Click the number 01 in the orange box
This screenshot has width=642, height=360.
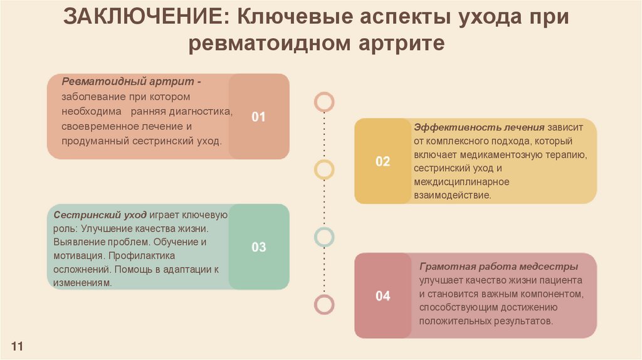(x=259, y=117)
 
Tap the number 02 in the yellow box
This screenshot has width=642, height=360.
(x=382, y=161)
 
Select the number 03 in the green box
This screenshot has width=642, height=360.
(x=259, y=247)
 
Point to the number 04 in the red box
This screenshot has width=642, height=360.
(x=382, y=296)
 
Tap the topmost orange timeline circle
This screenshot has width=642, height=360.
(x=324, y=102)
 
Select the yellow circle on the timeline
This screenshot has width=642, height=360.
(x=324, y=169)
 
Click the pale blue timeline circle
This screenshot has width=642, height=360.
(x=324, y=236)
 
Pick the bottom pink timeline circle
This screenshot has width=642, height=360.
(x=324, y=304)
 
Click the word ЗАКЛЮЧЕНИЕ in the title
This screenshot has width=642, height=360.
(x=142, y=17)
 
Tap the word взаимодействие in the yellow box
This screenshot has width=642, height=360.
(x=451, y=196)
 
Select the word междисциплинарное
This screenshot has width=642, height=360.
(x=461, y=182)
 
